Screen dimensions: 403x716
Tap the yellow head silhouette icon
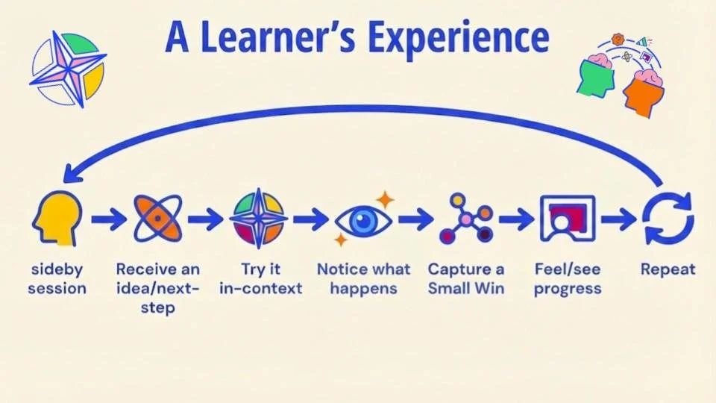pos(57,218)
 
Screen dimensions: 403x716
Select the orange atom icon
pos(157,218)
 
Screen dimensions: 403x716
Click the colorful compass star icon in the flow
pos(257,219)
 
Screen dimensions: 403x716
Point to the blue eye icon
pos(363,220)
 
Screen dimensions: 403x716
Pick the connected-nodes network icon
pos(467,219)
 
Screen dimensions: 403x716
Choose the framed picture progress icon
pos(568,219)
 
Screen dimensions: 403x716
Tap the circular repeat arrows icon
pos(668,219)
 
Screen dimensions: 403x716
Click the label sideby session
pos(57,278)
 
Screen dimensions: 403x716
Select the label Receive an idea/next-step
pos(157,287)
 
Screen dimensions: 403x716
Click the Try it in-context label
pos(260,278)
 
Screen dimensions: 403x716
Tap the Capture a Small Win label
pos(465,278)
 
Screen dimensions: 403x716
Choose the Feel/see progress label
pos(568,278)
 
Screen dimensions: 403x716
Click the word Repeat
pos(668,269)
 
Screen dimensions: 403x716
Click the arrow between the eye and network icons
pos(415,219)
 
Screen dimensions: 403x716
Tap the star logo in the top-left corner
pos(68,69)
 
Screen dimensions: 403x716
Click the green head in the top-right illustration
pos(597,75)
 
